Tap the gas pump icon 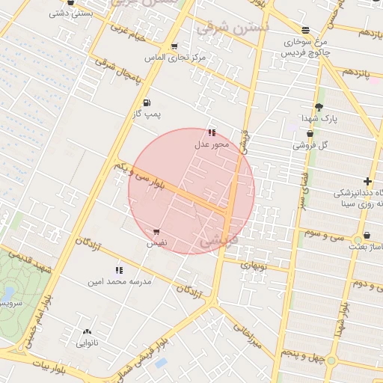point(145,102)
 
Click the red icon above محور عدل point(212,132)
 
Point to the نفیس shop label point(156,243)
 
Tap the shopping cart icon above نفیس point(156,233)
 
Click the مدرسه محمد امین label point(120,281)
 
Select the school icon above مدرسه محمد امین point(119,270)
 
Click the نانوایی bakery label point(88,343)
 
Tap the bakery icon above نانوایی point(88,332)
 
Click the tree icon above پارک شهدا point(319,107)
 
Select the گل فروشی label point(309,144)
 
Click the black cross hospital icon point(367,182)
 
